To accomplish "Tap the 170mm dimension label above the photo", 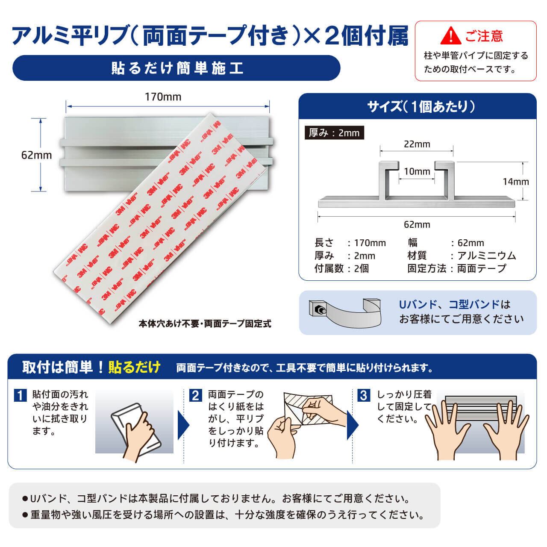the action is click(163, 97).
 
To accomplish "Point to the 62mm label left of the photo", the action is click(37, 155).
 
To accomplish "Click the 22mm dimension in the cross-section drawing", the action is click(417, 144).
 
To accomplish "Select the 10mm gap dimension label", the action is click(417, 171).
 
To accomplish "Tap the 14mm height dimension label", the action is click(516, 182).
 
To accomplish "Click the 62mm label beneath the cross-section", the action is click(417, 224).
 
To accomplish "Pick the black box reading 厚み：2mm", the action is click(334, 133).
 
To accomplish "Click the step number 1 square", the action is click(20, 395).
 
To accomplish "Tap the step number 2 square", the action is click(196, 395).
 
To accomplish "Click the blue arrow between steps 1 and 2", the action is click(183, 425).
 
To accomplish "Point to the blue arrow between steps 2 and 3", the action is click(353, 425).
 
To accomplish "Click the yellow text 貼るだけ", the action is click(134, 368).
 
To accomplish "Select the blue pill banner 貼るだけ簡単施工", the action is click(176, 68).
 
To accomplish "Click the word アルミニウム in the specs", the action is click(487, 256).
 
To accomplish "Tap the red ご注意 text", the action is click(484, 36).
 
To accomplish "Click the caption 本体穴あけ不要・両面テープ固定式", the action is click(205, 323).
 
